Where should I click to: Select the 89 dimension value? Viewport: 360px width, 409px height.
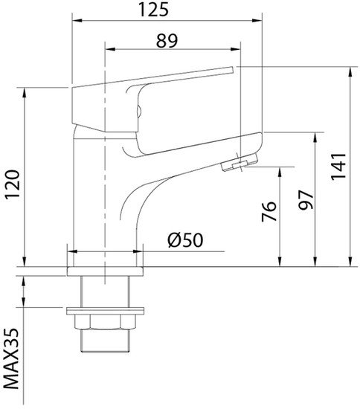[171, 42]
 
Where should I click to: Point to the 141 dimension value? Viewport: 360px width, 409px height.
[338, 168]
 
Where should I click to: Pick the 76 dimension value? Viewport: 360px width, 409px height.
[269, 211]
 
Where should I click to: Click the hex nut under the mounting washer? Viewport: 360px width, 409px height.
[105, 322]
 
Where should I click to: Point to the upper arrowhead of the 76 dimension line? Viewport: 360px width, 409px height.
[279, 170]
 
